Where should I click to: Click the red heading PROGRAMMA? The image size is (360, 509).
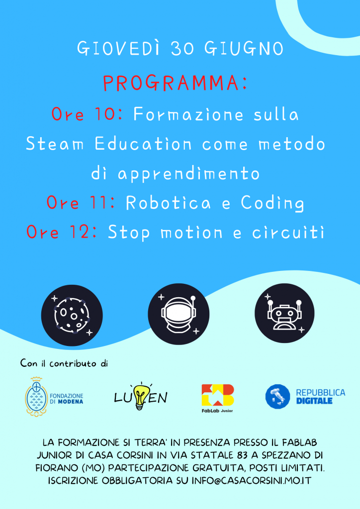tap(176, 83)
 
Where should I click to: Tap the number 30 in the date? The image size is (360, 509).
tap(182, 49)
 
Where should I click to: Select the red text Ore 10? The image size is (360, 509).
tap(87, 114)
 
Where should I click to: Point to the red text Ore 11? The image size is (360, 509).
tap(81, 203)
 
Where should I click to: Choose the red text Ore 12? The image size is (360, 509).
tap(62, 232)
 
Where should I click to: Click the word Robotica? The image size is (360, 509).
tap(168, 203)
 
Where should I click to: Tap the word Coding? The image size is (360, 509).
tap(272, 203)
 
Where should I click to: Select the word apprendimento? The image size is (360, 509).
tap(188, 174)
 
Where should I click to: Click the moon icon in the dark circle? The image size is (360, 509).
tap(72, 315)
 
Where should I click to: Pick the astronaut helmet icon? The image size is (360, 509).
tap(179, 314)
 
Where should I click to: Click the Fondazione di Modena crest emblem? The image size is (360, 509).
tap(36, 397)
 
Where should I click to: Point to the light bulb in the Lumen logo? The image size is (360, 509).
tap(140, 396)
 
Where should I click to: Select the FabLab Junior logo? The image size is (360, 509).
tap(217, 398)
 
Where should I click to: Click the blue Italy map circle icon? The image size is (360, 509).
tap(277, 396)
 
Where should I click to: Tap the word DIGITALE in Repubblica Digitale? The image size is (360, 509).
tap(314, 401)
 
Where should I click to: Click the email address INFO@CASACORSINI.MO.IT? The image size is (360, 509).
tap(251, 481)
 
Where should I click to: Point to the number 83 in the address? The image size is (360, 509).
tap(242, 455)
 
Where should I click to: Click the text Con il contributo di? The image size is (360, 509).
tap(64, 363)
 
